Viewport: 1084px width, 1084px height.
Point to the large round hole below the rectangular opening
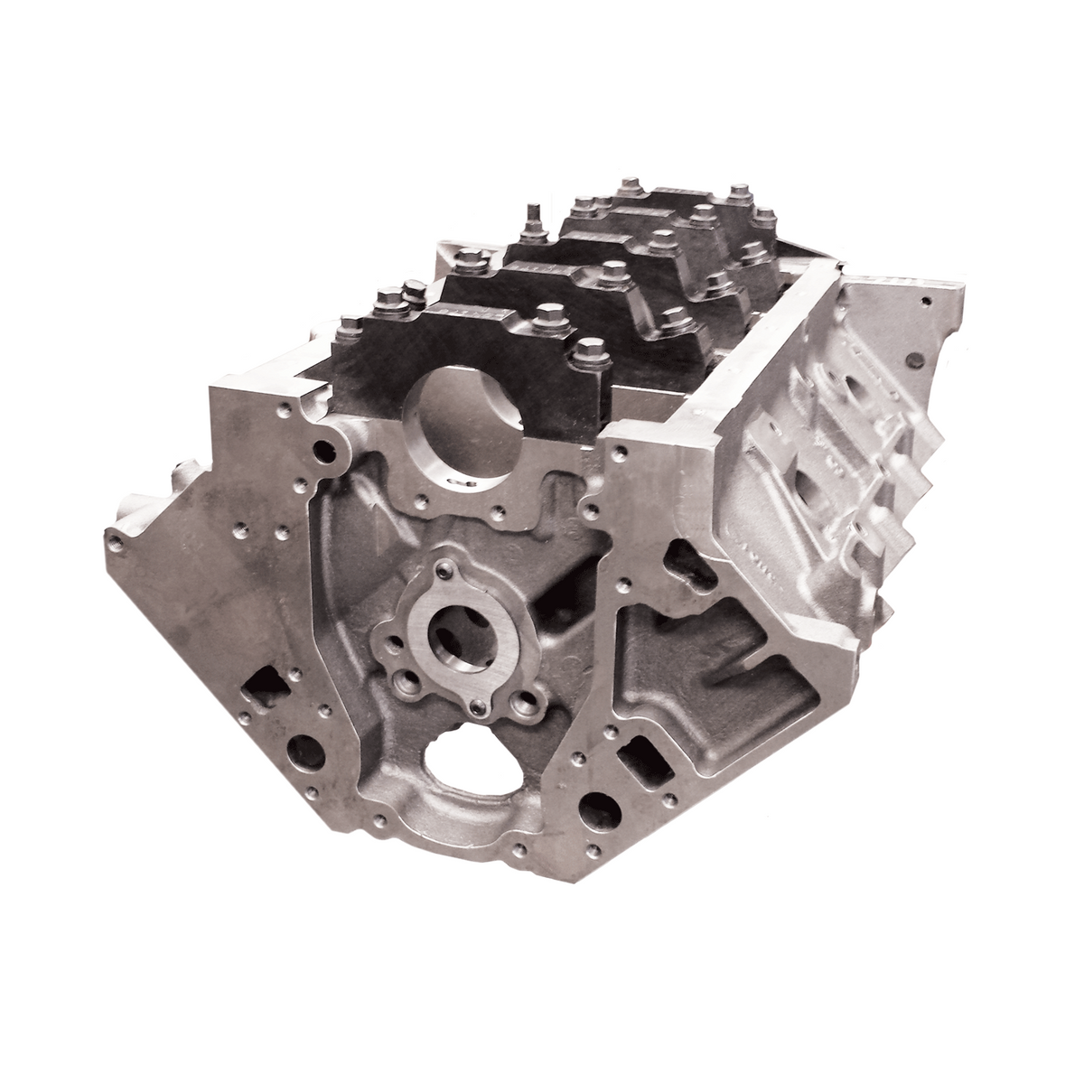598,804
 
